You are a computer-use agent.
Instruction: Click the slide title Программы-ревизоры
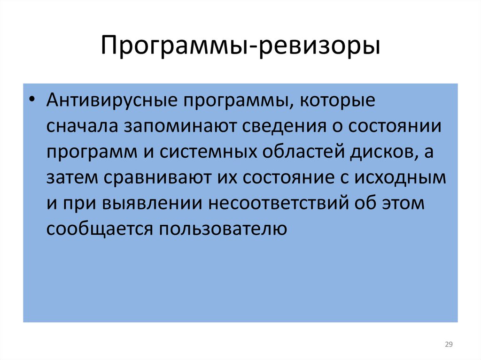coord(240,47)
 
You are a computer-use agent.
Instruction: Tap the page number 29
coord(448,345)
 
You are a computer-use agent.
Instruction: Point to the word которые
coord(337,102)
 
